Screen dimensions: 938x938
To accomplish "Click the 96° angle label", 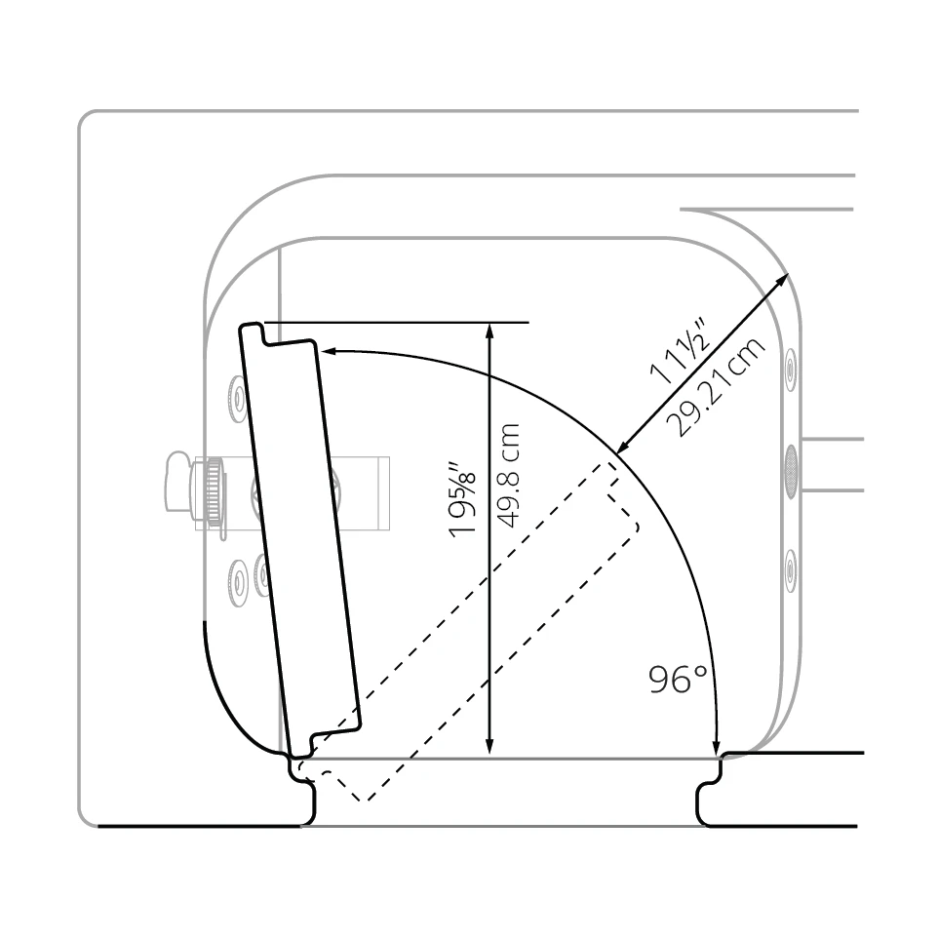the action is [x=678, y=679].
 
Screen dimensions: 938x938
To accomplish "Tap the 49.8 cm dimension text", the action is [x=508, y=476].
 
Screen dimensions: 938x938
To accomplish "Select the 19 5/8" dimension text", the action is [x=463, y=498].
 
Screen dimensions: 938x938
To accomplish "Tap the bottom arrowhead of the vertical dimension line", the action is [x=489, y=745].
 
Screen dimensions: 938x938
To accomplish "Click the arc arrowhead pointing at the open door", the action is [x=329, y=351].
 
